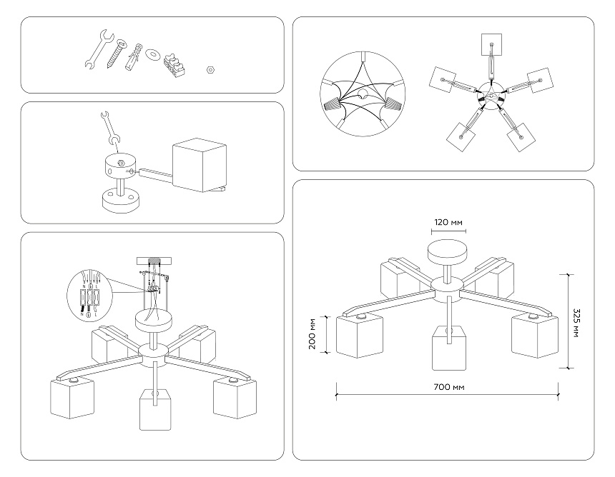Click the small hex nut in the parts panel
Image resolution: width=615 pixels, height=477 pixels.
210,70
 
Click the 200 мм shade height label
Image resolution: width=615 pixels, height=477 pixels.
313,334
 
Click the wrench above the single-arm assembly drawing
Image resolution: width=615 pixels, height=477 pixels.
108,126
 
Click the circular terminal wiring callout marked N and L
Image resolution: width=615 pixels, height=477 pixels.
91,293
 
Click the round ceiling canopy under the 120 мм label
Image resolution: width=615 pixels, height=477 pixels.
448,253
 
